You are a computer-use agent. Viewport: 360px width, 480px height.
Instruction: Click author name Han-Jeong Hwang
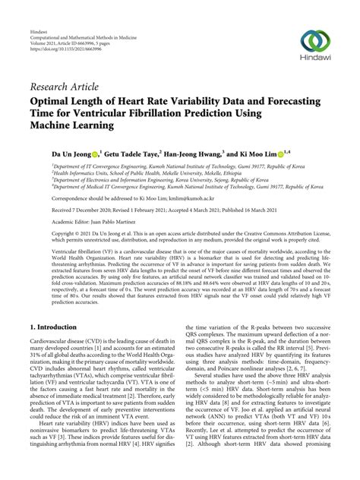point(220,153)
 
